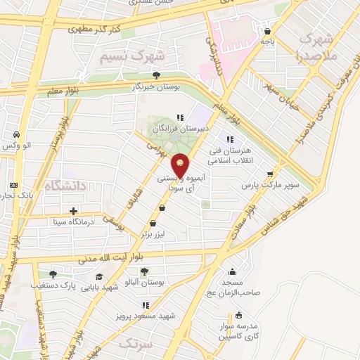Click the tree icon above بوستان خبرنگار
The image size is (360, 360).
point(165,75)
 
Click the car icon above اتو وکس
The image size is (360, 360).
point(15,134)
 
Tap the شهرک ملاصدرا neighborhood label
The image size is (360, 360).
point(318,46)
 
